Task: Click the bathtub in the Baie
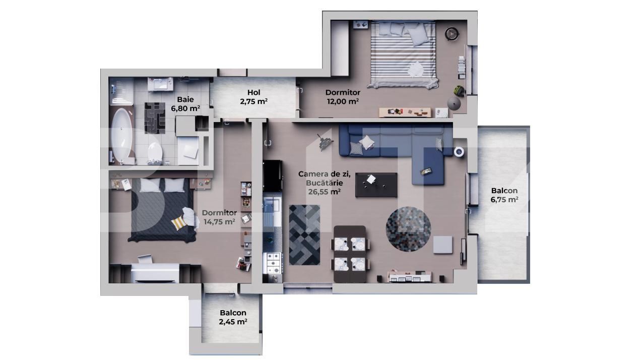coord(121,134)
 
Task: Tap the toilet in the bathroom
coord(155,152)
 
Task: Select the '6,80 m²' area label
coord(185,108)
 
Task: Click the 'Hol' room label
coord(253,92)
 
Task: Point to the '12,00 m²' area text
coord(343,101)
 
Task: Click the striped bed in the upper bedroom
coord(403,55)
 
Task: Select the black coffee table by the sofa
coord(376,185)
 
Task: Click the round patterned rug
coord(408,228)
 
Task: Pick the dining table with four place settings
coord(350,254)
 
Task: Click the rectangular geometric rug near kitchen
coord(304,234)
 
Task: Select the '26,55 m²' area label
coord(324,192)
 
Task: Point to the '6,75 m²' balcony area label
coord(504,200)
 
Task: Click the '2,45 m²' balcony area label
coord(233,322)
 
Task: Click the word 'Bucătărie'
coord(324,183)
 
